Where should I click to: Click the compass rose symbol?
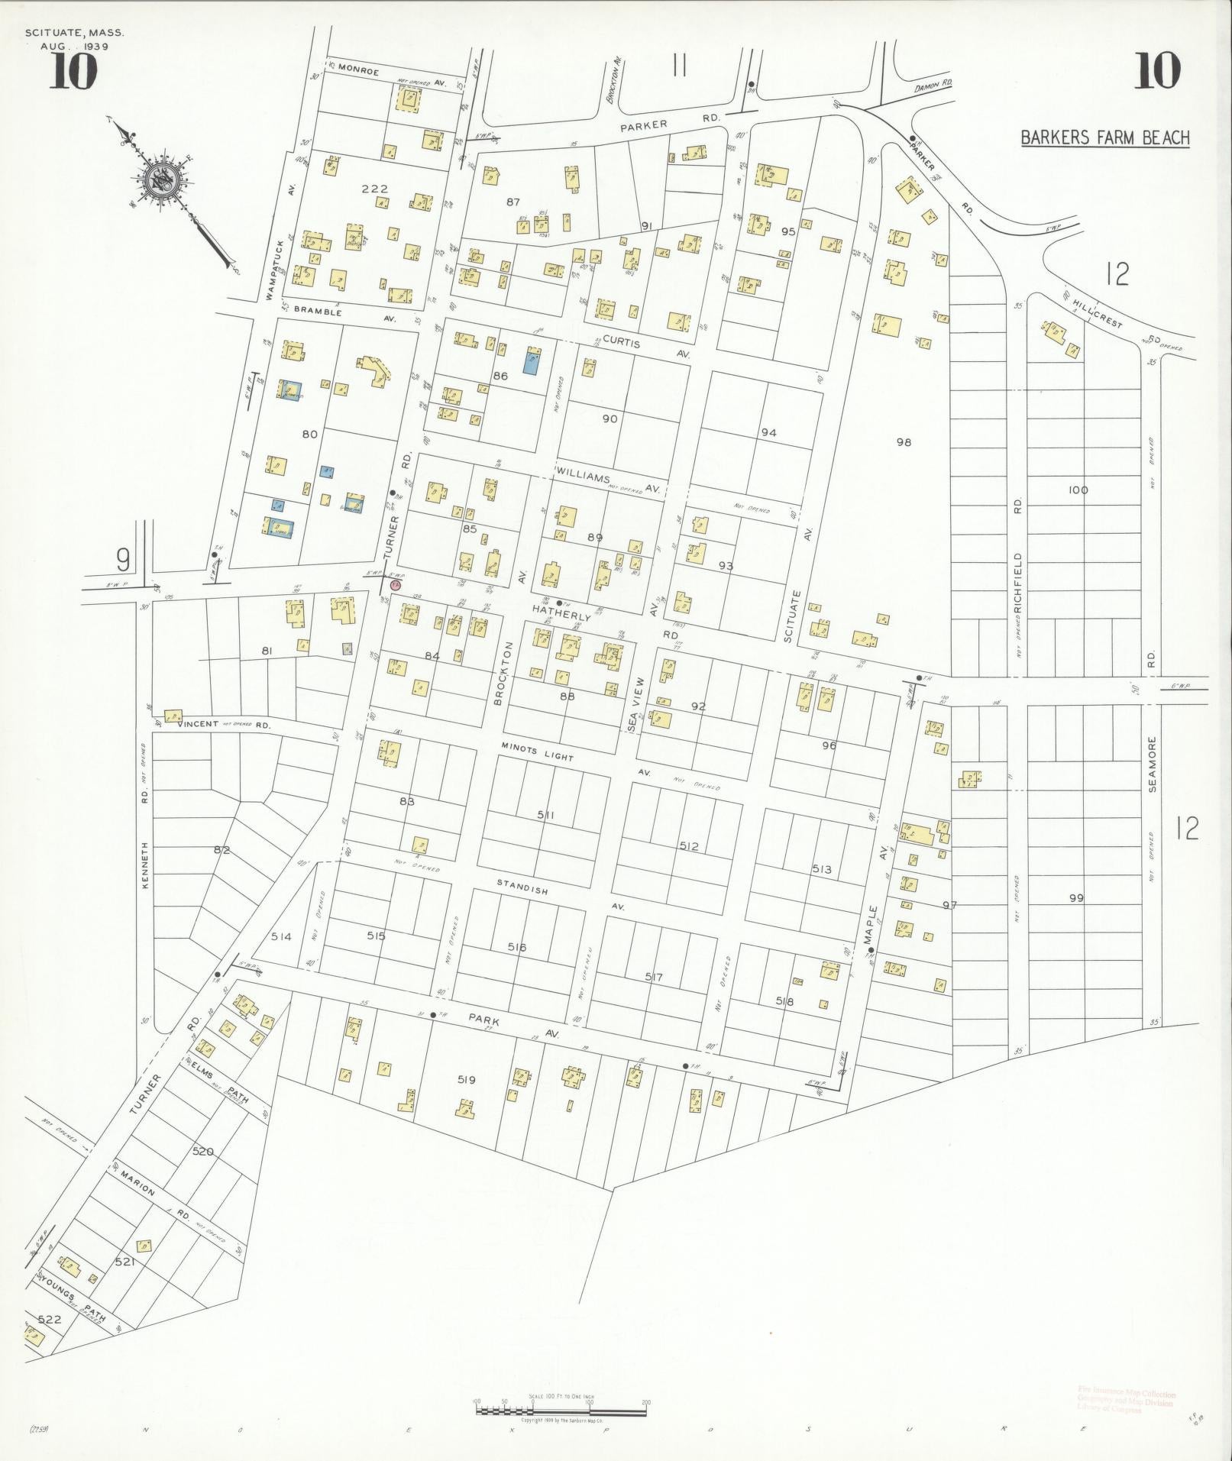pyautogui.click(x=163, y=180)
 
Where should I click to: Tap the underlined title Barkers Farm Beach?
pyautogui.click(x=1105, y=138)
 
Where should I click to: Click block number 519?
pyautogui.click(x=467, y=1079)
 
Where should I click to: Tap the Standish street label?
pyautogui.click(x=522, y=887)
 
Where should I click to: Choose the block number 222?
pyautogui.click(x=375, y=189)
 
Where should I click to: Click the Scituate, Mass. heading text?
pyautogui.click(x=74, y=34)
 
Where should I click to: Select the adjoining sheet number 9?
pyautogui.click(x=122, y=561)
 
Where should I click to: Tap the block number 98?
pyautogui.click(x=904, y=442)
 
